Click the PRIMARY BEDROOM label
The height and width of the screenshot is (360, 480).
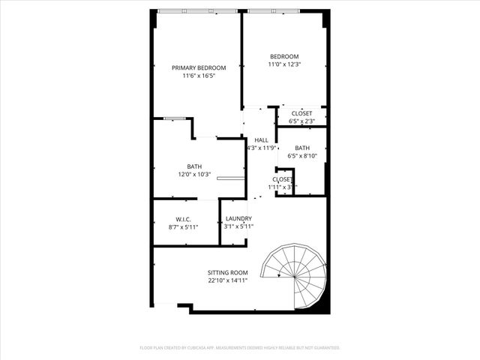coord(199,67)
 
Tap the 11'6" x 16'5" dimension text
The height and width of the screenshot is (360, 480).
coord(199,76)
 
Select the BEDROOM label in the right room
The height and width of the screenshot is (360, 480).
coord(284,57)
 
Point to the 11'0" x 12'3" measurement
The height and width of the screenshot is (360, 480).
coord(284,65)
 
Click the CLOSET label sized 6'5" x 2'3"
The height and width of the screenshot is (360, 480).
coord(302,113)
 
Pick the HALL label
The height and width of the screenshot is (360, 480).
coord(261,140)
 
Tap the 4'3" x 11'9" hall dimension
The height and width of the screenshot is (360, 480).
coord(261,148)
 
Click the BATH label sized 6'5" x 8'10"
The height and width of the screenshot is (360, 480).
coord(302,148)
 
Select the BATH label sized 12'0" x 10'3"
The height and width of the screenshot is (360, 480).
coord(194,166)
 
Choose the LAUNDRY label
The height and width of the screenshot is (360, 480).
coord(238,218)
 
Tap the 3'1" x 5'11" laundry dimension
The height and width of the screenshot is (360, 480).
coord(238,226)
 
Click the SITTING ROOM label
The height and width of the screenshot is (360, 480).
coord(228,272)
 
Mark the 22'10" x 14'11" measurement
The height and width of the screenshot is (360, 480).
coord(228,280)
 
